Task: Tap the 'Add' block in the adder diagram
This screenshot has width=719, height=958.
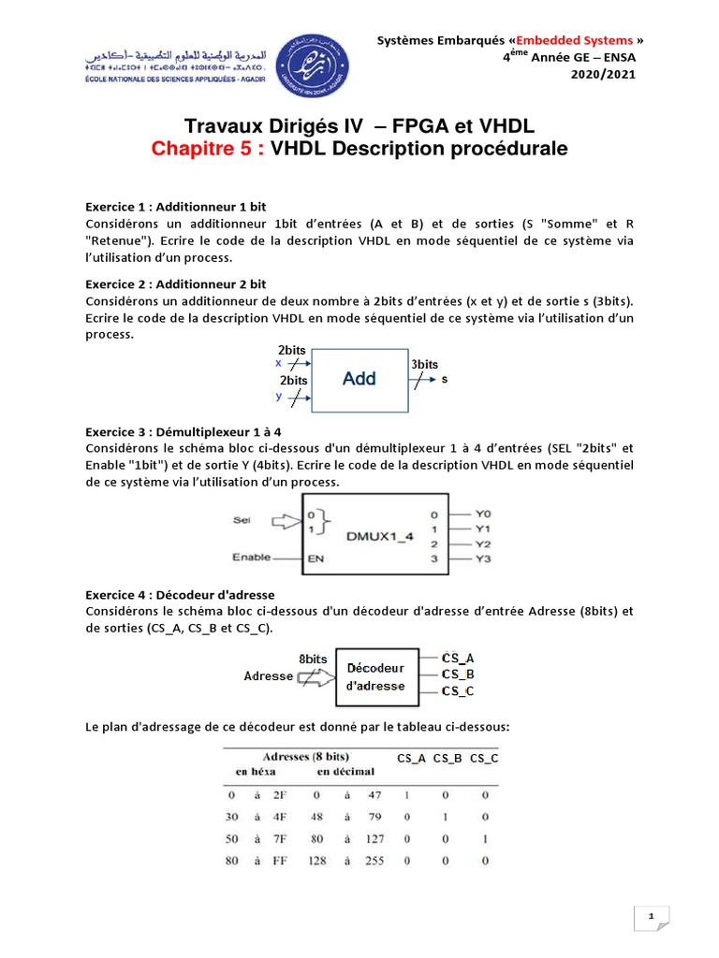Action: click(x=359, y=379)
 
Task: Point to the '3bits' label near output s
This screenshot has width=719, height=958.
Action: click(x=424, y=364)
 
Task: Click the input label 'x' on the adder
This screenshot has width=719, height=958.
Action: click(x=278, y=363)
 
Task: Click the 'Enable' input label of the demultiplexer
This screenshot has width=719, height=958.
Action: click(x=252, y=558)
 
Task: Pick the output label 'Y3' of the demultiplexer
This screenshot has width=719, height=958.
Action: click(x=483, y=559)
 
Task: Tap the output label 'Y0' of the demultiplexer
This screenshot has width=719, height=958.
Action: click(x=483, y=514)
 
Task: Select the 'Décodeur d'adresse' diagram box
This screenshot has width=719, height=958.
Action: click(x=375, y=676)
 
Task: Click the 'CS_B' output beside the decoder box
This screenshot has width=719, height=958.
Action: click(x=458, y=674)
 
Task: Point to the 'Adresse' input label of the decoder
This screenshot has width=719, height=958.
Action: click(x=268, y=675)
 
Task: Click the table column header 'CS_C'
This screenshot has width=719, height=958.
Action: click(x=483, y=758)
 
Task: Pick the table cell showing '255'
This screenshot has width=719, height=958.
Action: click(x=374, y=860)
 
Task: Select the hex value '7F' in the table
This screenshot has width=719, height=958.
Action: click(x=279, y=838)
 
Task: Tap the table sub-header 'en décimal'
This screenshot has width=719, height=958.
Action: click(x=345, y=772)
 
